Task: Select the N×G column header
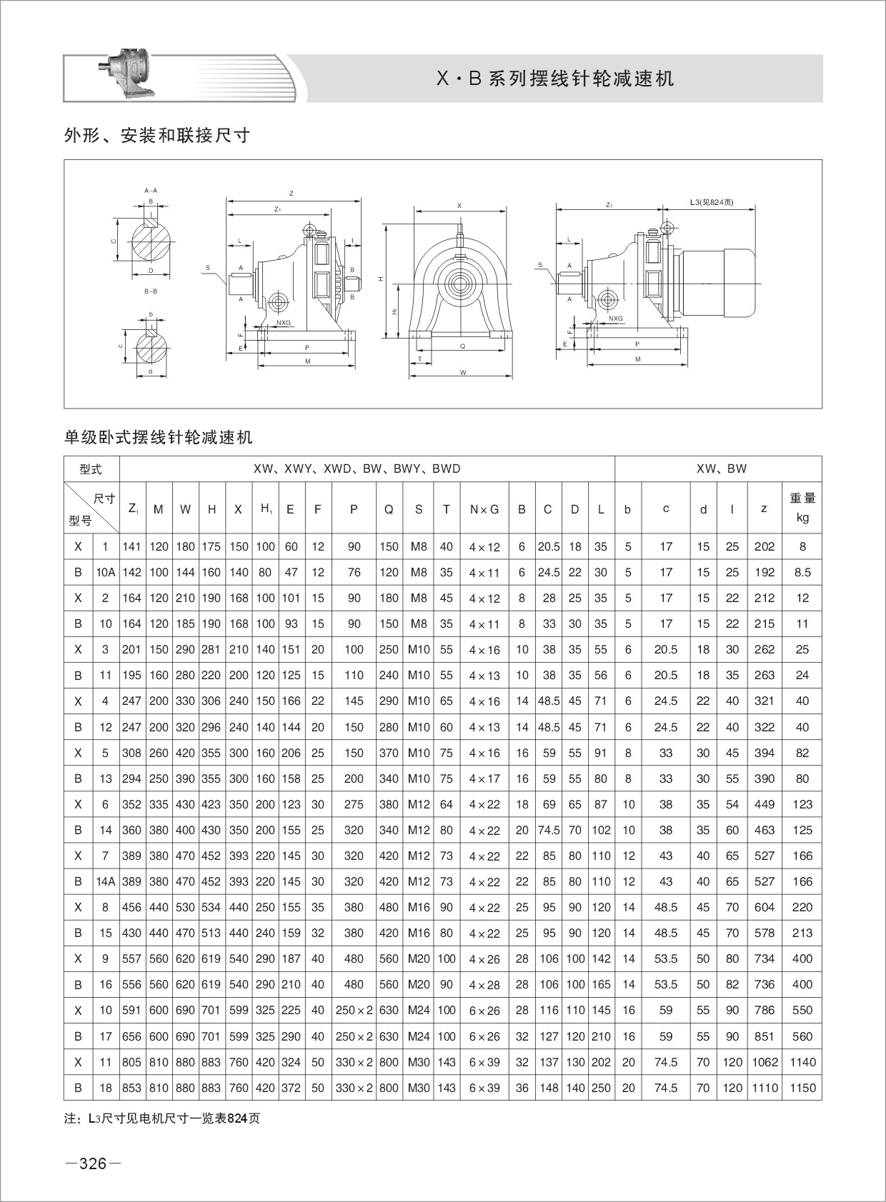[x=484, y=509]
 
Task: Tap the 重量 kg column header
[x=802, y=508]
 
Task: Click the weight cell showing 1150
[x=802, y=1088]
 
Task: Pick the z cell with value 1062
[x=764, y=1062]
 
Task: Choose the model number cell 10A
[x=106, y=572]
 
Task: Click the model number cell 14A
[x=106, y=881]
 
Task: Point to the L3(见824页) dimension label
[x=711, y=202]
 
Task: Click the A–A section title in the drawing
[x=151, y=191]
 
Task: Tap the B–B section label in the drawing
[x=151, y=291]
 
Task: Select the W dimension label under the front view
[x=463, y=373]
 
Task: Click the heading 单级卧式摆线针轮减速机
[x=159, y=437]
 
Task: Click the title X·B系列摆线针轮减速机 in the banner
[x=555, y=79]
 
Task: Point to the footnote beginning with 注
[x=162, y=1118]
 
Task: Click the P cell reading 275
[x=354, y=804]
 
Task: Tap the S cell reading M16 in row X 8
[x=419, y=907]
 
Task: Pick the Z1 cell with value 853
[x=132, y=1088]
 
